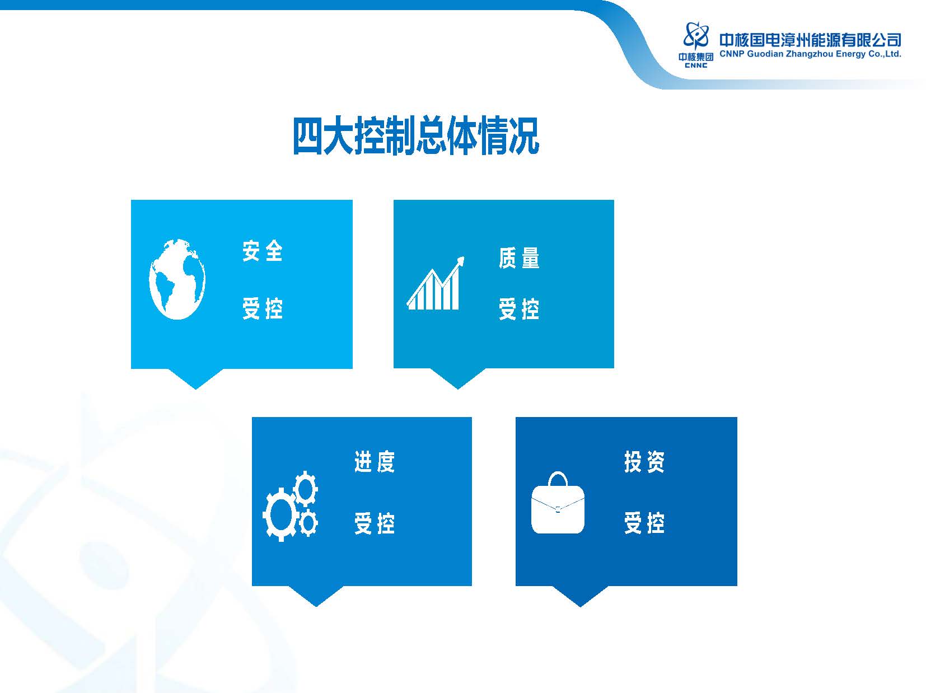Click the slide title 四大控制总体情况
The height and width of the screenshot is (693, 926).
coord(416,136)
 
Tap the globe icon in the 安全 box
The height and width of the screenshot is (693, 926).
coord(177,279)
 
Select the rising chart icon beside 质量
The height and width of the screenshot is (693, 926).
coord(436,283)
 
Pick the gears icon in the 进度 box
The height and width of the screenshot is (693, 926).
coord(290,505)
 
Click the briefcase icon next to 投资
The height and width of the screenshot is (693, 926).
coord(558,502)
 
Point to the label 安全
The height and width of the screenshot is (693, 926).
coord(263,251)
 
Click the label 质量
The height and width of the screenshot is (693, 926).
coord(519,257)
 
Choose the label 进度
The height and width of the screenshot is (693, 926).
coord(375,461)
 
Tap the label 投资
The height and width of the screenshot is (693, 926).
coord(644,461)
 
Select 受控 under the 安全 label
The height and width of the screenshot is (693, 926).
coord(263,308)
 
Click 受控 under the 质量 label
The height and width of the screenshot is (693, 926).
coord(519,309)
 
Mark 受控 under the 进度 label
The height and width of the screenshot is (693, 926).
coord(375,523)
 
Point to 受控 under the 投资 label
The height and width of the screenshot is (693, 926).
coord(644,523)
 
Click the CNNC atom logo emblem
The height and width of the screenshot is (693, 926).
coord(696,35)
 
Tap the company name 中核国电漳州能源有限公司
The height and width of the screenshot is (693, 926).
coord(810,40)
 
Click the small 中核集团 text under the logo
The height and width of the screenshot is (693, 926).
coord(696,57)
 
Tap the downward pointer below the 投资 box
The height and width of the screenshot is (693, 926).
coord(580,596)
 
